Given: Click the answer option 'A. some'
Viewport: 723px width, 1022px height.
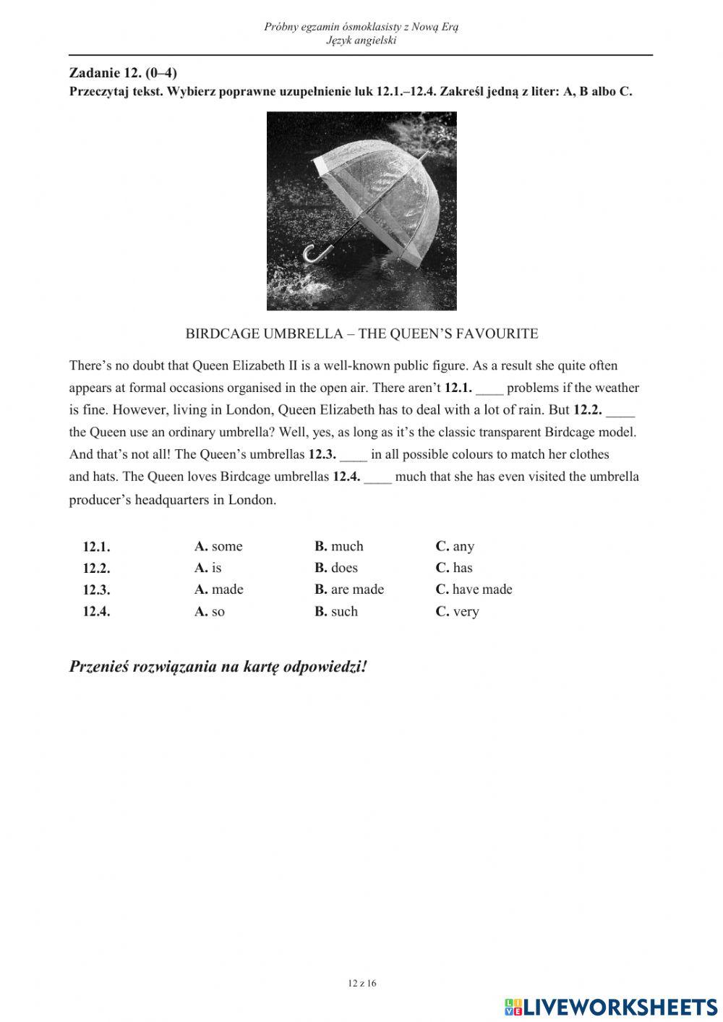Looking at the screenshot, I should [x=218, y=547].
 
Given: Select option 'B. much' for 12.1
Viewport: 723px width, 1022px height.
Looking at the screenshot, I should [x=339, y=547].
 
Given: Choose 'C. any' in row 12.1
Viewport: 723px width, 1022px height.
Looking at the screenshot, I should [x=455, y=547].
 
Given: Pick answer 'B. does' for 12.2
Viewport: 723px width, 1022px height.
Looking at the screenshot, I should [x=336, y=569].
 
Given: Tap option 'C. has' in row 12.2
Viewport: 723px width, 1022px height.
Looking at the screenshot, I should [x=454, y=569].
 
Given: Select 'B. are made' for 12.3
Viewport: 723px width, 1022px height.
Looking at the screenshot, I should [x=349, y=589].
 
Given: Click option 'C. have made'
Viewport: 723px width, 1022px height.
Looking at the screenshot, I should [x=474, y=589].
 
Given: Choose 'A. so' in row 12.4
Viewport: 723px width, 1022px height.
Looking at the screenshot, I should [x=210, y=612].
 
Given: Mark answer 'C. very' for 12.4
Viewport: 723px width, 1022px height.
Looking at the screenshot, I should [x=457, y=612].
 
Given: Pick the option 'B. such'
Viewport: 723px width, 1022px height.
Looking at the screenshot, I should [x=336, y=612].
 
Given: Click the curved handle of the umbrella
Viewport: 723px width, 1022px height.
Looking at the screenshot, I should [x=317, y=253].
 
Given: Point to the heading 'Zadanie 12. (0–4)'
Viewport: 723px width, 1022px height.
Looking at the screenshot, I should [x=123, y=72].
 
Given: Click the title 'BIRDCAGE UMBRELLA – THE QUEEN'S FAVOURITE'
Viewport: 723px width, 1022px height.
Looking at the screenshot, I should [x=361, y=334].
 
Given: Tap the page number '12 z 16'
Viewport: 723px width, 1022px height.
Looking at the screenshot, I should [x=362, y=983].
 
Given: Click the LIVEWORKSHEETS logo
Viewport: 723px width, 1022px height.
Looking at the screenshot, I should [x=611, y=1007].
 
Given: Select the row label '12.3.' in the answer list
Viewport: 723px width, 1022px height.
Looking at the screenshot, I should [x=96, y=590].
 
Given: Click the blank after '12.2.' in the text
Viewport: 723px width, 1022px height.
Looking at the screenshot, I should [x=620, y=411].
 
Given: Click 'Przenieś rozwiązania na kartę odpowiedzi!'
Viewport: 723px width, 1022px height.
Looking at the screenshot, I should [x=218, y=667].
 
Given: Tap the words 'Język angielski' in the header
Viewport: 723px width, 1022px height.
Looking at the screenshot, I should [x=361, y=41].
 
